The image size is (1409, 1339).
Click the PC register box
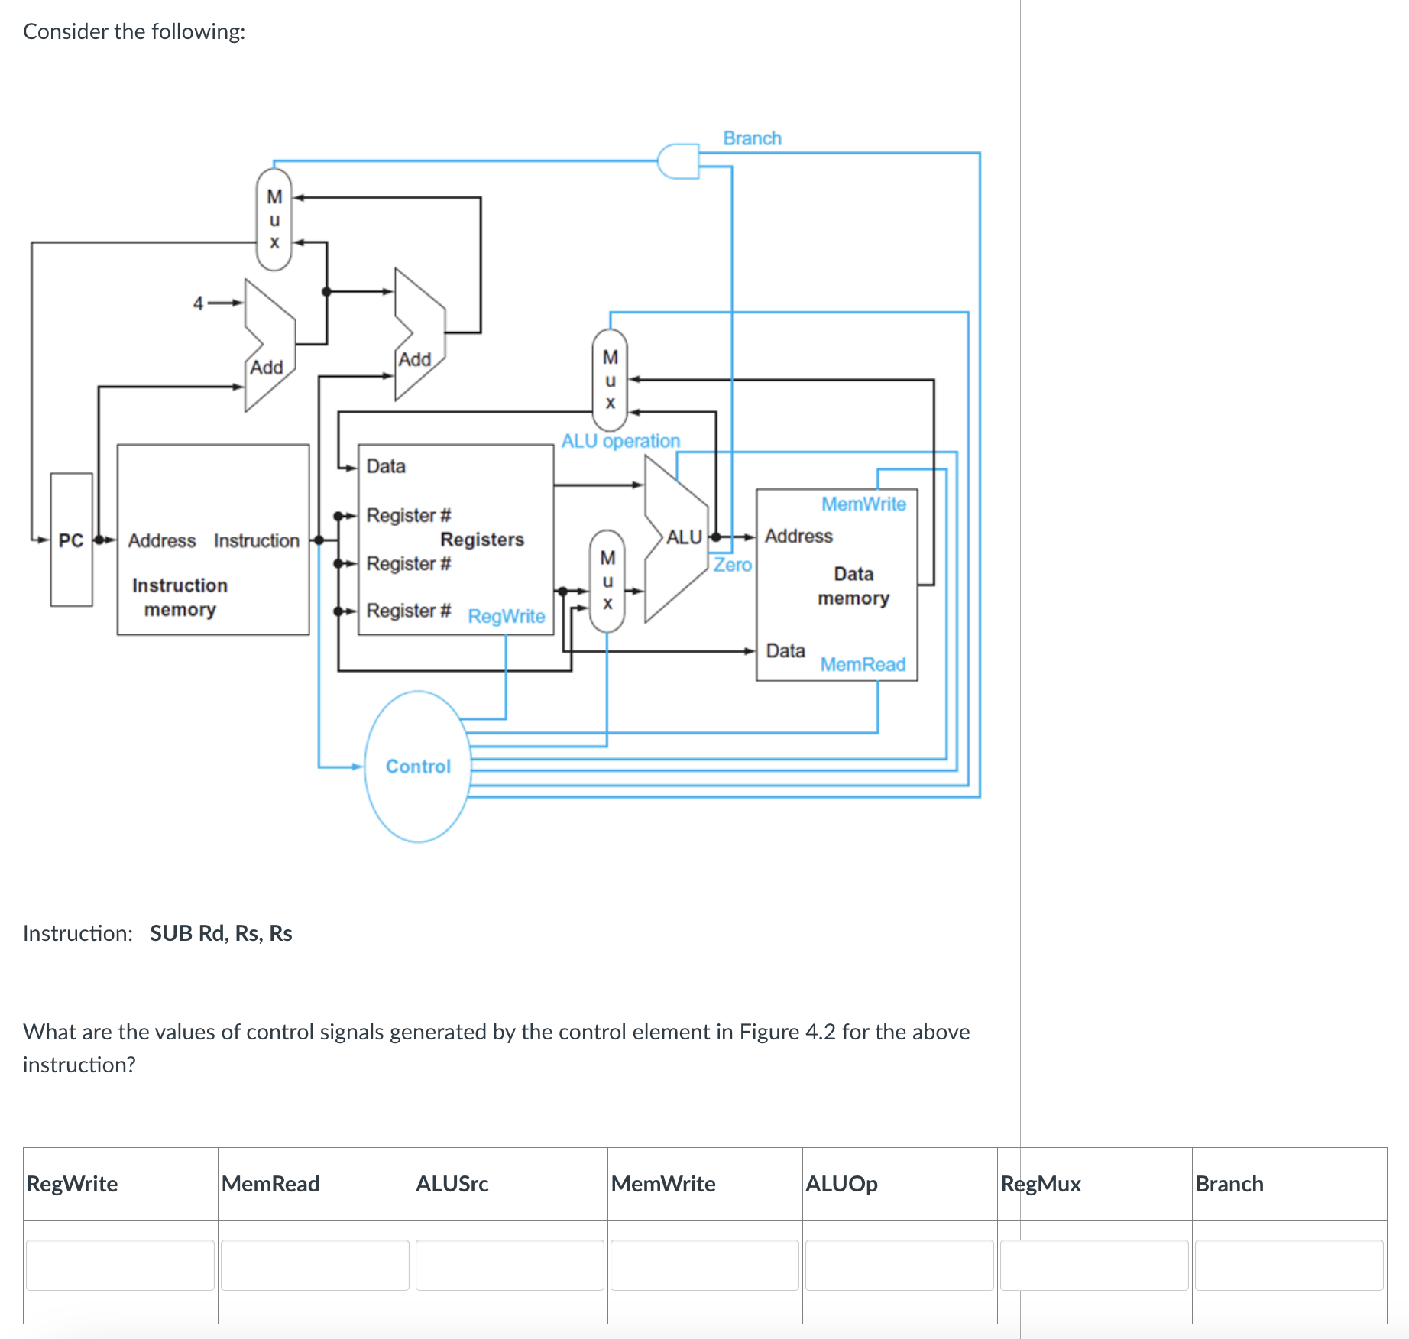tap(71, 540)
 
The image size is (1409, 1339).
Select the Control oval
tap(418, 766)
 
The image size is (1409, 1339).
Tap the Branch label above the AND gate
tap(752, 138)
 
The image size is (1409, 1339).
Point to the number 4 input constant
tap(198, 303)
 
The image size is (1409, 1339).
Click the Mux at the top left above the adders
tap(274, 219)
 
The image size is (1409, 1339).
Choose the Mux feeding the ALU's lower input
tap(607, 581)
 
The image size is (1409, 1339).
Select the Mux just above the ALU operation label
tap(610, 379)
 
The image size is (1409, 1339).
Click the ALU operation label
tap(620, 441)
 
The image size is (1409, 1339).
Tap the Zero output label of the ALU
tap(733, 565)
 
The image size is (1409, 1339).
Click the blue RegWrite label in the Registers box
tap(507, 616)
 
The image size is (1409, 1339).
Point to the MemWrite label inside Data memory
tap(863, 504)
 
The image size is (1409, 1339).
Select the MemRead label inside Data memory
tap(863, 664)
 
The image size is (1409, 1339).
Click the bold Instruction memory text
tap(180, 597)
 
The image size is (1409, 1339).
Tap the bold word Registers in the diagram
tap(482, 540)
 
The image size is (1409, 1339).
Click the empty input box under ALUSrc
tap(510, 1265)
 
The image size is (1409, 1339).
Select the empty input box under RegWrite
tap(120, 1265)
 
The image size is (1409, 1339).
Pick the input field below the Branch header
tap(1289, 1265)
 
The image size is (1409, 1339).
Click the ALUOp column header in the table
tap(841, 1184)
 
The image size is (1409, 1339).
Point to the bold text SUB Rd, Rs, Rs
tap(221, 933)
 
